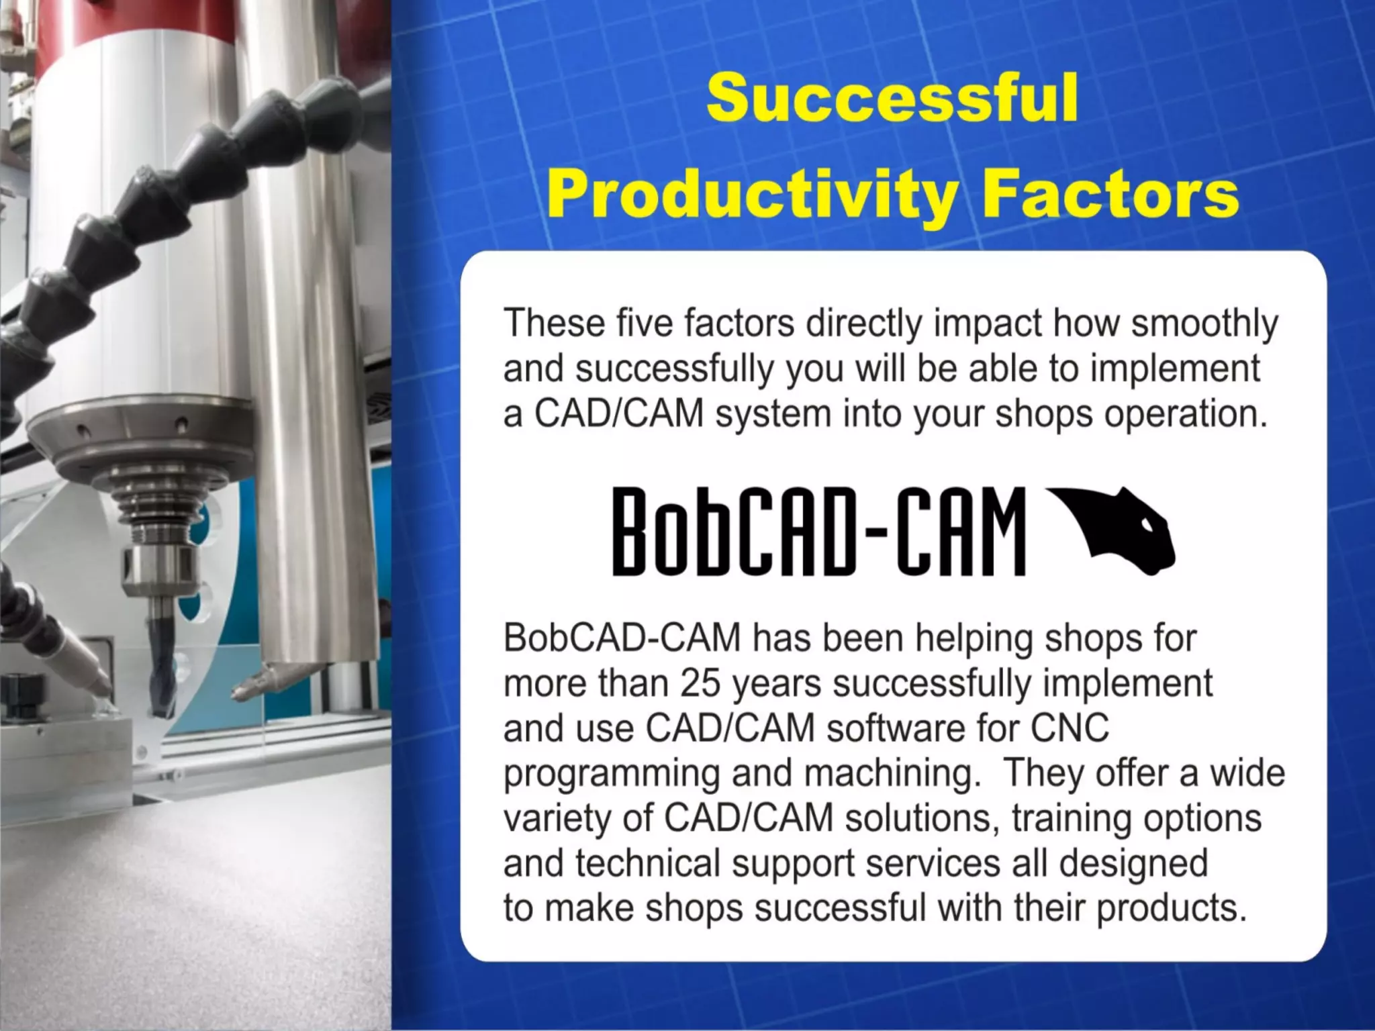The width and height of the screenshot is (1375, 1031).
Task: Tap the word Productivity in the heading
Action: [x=751, y=195]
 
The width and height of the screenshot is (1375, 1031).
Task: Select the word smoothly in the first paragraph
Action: [x=1204, y=324]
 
